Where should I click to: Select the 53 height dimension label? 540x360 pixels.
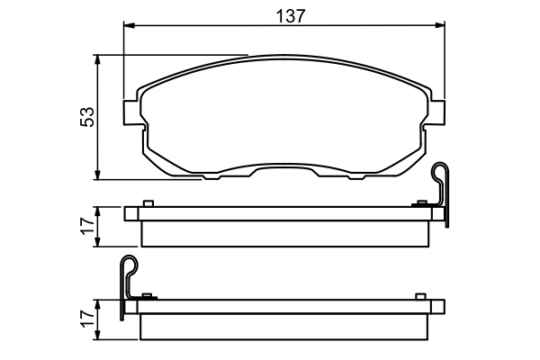coord(87,117)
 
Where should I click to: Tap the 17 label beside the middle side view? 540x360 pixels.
coord(87,226)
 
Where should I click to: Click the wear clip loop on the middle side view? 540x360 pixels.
coord(440,173)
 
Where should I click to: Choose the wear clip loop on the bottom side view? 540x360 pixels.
coord(129,266)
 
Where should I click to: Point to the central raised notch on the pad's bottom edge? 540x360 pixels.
coord(284,168)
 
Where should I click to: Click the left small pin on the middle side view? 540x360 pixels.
coord(150,203)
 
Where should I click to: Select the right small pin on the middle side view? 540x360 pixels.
coord(420,203)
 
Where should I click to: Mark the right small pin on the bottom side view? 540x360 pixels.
coord(420,296)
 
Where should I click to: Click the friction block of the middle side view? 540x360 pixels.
coord(285,232)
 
